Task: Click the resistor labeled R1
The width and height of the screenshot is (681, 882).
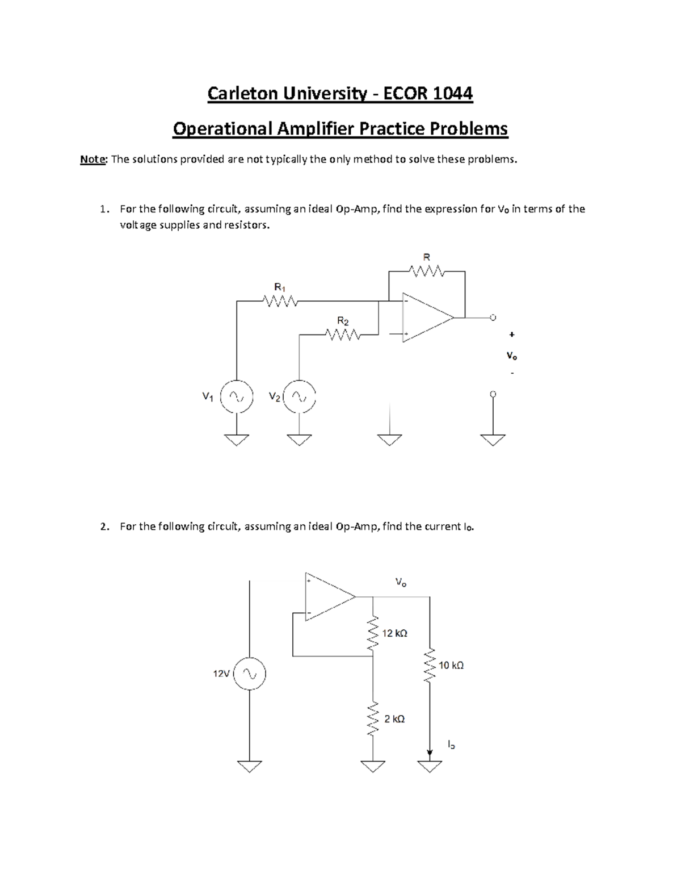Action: pos(279,301)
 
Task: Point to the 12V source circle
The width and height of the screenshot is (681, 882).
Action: pos(249,674)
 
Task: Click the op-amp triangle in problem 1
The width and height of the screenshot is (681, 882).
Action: pos(426,317)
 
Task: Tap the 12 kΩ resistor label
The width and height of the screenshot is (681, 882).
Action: pos(394,633)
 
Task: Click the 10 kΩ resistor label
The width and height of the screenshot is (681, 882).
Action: pos(451,665)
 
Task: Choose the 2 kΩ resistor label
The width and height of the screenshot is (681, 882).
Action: pos(394,719)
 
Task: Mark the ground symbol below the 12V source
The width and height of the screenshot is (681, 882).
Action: pos(249,767)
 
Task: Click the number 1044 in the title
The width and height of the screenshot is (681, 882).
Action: pos(453,93)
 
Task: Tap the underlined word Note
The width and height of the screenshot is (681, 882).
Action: pos(93,160)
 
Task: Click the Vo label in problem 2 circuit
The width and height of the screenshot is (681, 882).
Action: pos(401,583)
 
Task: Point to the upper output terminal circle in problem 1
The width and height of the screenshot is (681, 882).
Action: pos(493,317)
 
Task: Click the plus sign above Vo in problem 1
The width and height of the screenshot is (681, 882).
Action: pos(512,335)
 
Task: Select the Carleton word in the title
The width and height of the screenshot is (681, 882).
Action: pos(243,93)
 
